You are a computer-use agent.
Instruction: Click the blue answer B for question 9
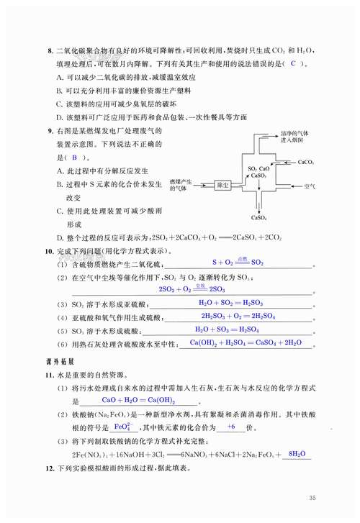[73, 157]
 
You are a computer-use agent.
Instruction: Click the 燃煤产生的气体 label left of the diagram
[179, 186]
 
